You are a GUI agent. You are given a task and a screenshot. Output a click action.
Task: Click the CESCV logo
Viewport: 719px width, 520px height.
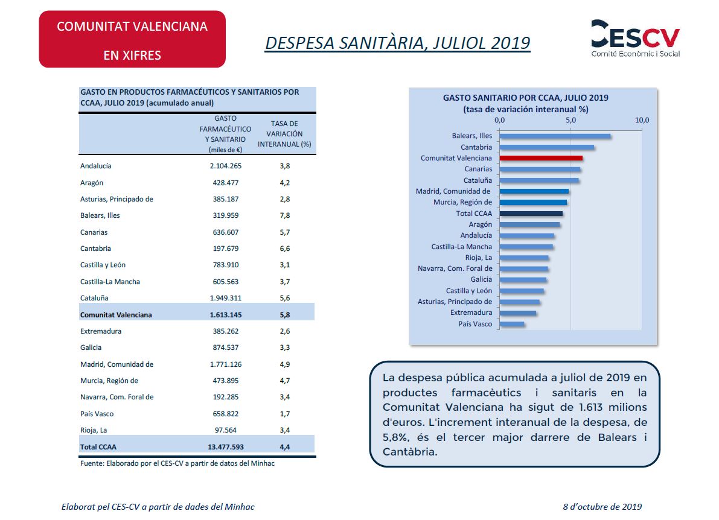(x=635, y=39)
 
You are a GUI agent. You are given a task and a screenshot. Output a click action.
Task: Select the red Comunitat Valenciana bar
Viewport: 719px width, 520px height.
(x=541, y=158)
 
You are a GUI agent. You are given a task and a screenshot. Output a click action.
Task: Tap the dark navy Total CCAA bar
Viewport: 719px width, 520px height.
(x=531, y=214)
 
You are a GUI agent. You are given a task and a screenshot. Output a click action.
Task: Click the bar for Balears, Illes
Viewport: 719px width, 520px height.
(x=555, y=136)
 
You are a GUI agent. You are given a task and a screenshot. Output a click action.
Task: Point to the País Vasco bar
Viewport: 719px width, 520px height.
(x=512, y=324)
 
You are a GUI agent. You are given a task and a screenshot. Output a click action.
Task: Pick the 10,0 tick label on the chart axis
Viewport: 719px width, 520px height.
(x=642, y=120)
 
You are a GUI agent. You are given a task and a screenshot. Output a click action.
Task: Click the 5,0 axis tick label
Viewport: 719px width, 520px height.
(x=570, y=120)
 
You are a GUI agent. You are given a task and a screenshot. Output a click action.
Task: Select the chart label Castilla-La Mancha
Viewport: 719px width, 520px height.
(x=462, y=247)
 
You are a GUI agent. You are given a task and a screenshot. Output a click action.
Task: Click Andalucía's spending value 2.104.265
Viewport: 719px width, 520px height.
(x=226, y=166)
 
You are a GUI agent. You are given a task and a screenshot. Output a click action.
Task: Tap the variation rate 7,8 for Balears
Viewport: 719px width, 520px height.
(x=285, y=215)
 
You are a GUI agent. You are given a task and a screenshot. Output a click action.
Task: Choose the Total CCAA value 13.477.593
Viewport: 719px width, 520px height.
(x=226, y=446)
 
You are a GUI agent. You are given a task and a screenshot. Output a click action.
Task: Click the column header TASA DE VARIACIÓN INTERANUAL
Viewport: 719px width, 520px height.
(x=284, y=134)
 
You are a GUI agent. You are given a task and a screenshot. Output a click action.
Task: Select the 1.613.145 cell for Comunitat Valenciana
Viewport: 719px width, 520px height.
(x=226, y=315)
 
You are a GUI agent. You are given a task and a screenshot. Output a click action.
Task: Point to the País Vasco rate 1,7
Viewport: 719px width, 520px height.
(x=285, y=414)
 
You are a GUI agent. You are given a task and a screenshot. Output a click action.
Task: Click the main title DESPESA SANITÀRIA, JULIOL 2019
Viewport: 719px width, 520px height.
(x=398, y=43)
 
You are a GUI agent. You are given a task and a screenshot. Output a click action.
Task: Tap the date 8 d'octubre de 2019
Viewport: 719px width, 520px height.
(x=602, y=507)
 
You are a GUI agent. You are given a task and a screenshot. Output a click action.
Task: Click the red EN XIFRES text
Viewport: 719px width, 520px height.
(x=132, y=55)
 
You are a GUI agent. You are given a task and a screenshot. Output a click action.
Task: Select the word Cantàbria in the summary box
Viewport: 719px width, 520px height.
(x=409, y=452)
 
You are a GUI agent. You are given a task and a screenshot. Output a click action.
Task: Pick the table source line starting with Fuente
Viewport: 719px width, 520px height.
(x=177, y=463)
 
